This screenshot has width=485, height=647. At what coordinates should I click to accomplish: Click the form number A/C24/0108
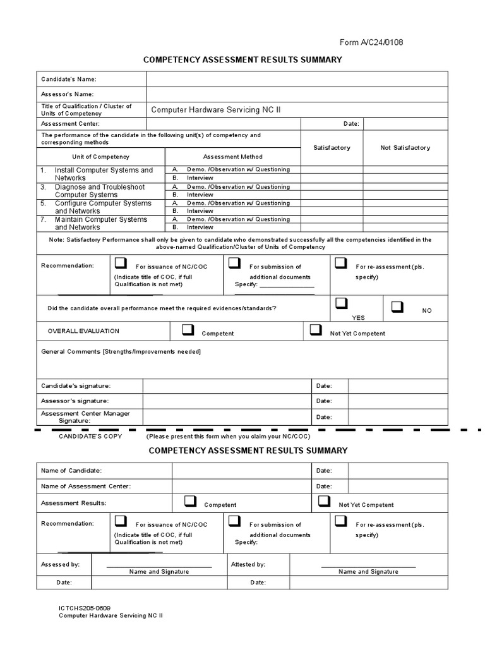coord(371,42)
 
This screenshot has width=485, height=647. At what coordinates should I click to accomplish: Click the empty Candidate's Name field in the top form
coord(297,79)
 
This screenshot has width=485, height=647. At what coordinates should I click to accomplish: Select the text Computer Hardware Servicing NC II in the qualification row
coord(215,110)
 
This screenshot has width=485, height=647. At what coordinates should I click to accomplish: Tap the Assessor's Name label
coord(68,94)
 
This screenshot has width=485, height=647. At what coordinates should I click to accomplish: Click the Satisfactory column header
coord(332,147)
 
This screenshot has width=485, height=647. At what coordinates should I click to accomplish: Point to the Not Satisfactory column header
coord(405,147)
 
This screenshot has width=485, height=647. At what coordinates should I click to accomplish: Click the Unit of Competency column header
coord(102,156)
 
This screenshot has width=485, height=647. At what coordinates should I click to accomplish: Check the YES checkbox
coord(342,303)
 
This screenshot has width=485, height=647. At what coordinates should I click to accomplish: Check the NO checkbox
coord(397,307)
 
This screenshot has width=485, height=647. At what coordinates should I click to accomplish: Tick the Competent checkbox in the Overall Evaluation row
coord(188,330)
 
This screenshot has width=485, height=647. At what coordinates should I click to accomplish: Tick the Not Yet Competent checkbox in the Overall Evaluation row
coord(316,330)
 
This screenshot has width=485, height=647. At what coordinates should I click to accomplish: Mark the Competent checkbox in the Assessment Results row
coord(190,501)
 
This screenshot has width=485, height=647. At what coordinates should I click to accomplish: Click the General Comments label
coord(121,351)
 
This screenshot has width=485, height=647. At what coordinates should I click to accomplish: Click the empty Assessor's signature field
coord(227,401)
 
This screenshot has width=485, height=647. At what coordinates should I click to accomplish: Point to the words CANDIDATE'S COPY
coord(90,436)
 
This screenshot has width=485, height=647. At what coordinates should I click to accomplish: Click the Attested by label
coord(248,564)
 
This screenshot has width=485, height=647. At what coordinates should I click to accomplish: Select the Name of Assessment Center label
coord(86,486)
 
